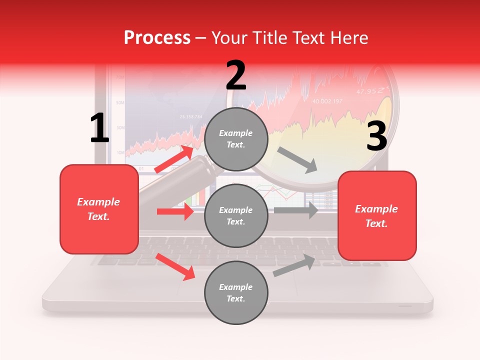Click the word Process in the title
click(x=157, y=38)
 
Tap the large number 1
click(x=99, y=128)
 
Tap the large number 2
click(x=236, y=75)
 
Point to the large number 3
click(x=376, y=136)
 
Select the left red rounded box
click(x=99, y=209)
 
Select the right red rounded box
click(x=377, y=216)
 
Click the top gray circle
click(x=236, y=139)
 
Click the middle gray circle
click(x=236, y=215)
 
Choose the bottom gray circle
click(x=236, y=292)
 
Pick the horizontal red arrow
click(x=175, y=211)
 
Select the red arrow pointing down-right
click(x=175, y=266)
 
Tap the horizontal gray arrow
click(x=296, y=210)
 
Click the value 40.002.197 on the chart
click(x=327, y=101)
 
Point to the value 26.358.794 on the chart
click(x=191, y=117)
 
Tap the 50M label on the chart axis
click(x=120, y=102)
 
